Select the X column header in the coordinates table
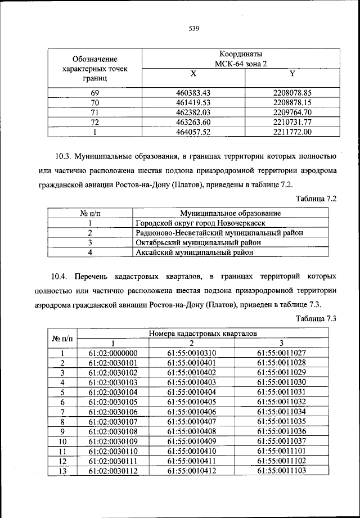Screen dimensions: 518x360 193,74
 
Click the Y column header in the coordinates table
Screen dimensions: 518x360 291,74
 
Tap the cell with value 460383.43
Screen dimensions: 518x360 193,92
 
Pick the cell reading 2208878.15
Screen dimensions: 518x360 292,102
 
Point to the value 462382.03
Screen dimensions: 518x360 193,112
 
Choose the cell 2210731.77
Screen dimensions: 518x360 292,123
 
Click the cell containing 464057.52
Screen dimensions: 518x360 193,133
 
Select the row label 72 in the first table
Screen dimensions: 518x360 94,123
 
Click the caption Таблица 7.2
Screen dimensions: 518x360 316,200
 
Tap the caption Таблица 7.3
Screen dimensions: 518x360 316,319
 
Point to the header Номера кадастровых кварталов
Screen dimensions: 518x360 203,334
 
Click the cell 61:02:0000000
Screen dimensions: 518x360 113,353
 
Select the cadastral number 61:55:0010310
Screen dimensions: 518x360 192,353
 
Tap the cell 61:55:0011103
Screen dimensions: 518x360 281,470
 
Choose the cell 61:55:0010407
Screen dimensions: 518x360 192,421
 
